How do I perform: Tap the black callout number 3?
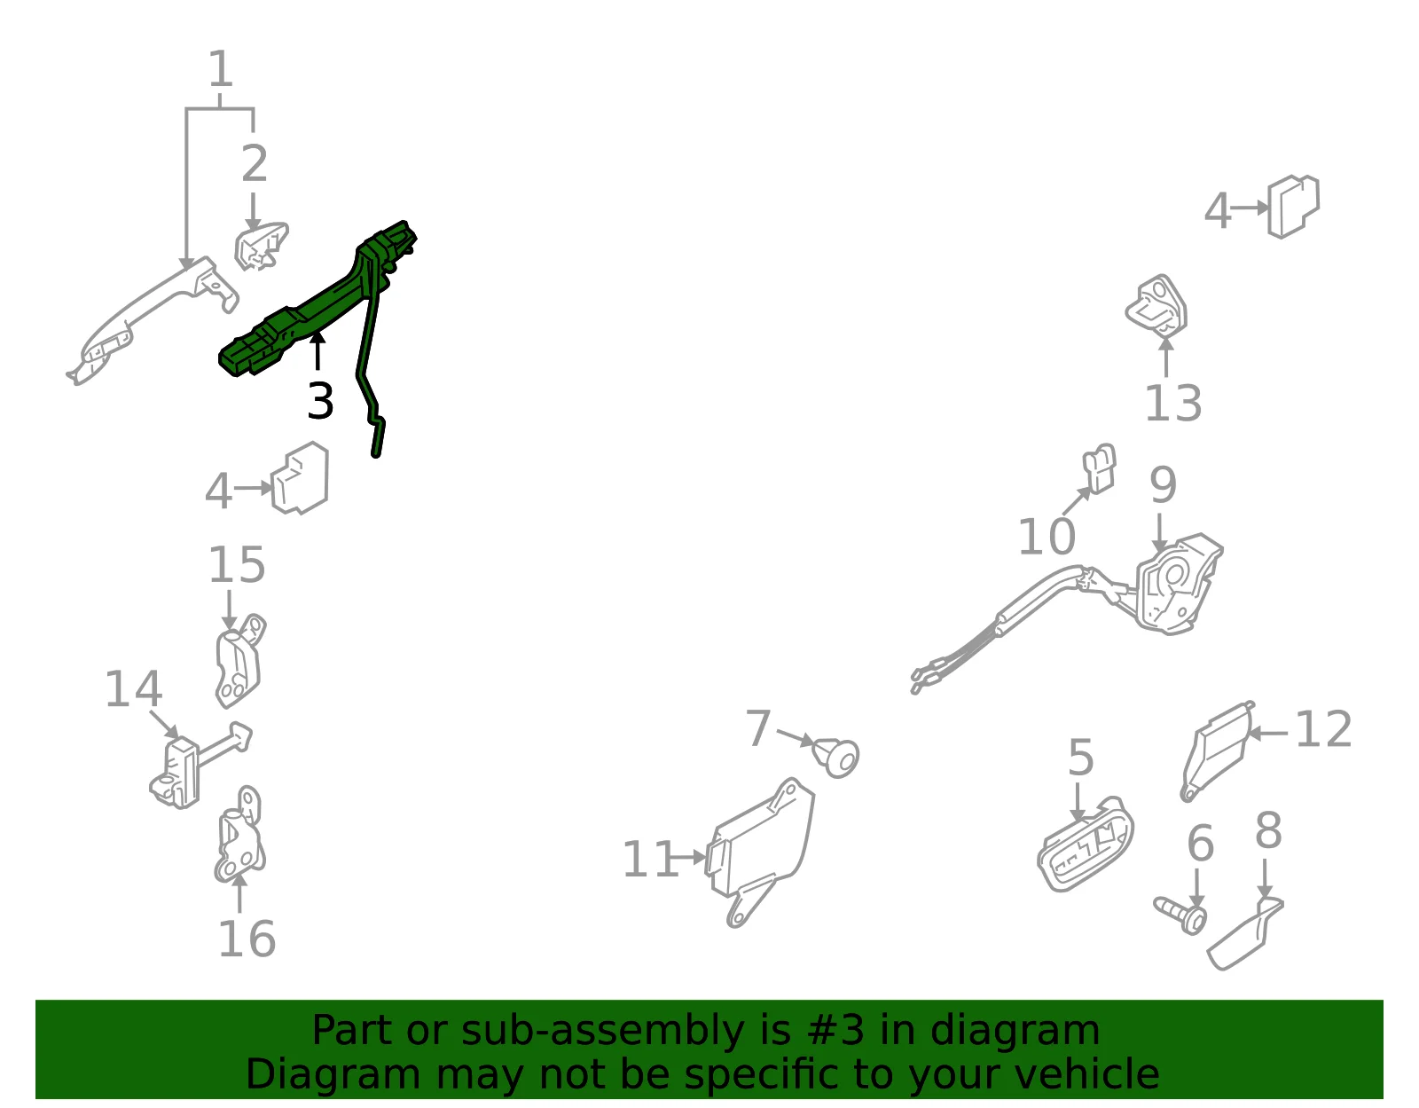[x=321, y=401]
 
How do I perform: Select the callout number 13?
[x=1173, y=403]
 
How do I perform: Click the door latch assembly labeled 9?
[x=1175, y=585]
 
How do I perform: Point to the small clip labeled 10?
[x=1100, y=468]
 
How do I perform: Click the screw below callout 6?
[x=1180, y=915]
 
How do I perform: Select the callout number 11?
[x=650, y=860]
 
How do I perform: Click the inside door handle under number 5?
[x=1086, y=845]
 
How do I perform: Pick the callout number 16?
[x=247, y=939]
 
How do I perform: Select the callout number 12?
[x=1323, y=729]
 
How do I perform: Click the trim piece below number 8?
[x=1244, y=933]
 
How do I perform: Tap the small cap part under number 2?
[x=262, y=246]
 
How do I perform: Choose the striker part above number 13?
[x=1156, y=307]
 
